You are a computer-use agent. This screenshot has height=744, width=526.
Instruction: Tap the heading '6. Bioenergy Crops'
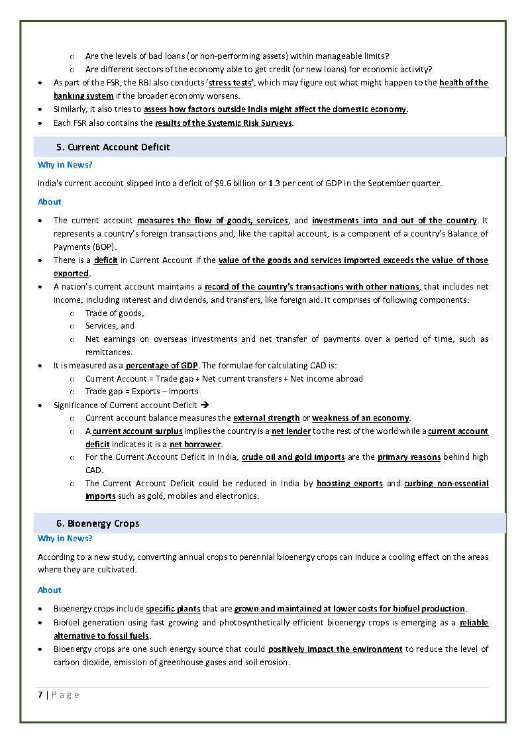(97, 523)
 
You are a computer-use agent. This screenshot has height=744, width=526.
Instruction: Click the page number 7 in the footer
(40, 694)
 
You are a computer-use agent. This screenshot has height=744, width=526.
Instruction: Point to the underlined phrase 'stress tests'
(232, 83)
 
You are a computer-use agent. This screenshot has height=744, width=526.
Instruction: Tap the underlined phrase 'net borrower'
(195, 444)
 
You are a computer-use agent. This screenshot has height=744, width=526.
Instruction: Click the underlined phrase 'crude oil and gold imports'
(293, 457)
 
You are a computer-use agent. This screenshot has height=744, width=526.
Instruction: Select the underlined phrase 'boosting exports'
(349, 484)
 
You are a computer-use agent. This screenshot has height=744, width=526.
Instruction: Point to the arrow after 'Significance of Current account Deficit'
(205, 405)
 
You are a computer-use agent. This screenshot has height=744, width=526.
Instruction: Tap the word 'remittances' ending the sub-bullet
(109, 352)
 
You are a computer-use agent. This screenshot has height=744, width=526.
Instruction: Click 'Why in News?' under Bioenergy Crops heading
(65, 539)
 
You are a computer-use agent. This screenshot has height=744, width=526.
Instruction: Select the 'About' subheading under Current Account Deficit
(50, 201)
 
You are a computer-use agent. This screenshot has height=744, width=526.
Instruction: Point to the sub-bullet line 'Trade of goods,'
(115, 313)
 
